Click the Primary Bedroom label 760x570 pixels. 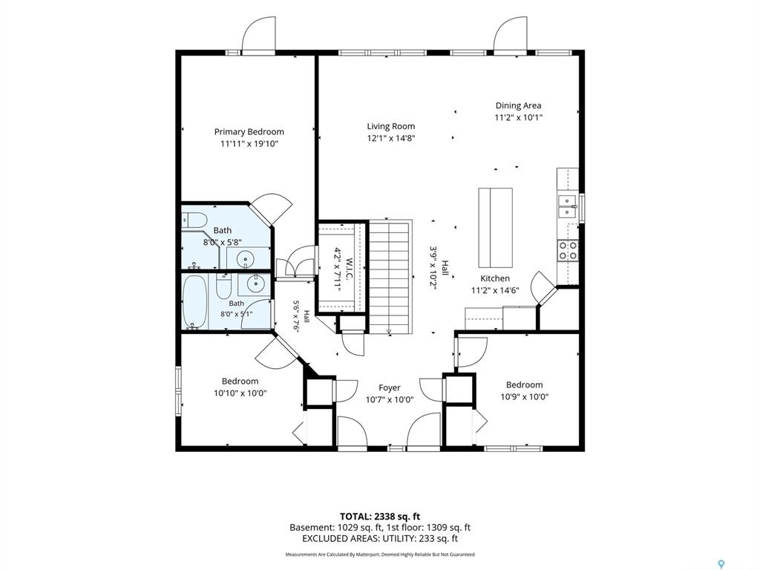[x=249, y=132]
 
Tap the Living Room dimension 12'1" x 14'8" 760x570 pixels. [x=391, y=138]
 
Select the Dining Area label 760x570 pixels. [x=518, y=105]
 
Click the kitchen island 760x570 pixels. [x=495, y=227]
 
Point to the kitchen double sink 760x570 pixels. [x=568, y=206]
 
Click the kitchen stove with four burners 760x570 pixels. [x=568, y=250]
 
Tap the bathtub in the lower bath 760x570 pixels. [x=195, y=301]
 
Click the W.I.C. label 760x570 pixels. [x=350, y=268]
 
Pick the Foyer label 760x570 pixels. [x=390, y=387]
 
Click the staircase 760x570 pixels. [x=390, y=277]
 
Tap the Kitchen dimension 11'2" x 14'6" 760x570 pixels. [x=495, y=290]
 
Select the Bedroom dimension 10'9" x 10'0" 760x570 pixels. [x=525, y=397]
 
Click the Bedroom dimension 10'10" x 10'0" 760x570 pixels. [x=240, y=393]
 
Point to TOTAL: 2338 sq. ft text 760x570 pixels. [x=380, y=517]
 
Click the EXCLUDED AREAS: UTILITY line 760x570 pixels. [x=380, y=538]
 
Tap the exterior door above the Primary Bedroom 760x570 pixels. [x=259, y=34]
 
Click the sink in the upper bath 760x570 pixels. [x=246, y=258]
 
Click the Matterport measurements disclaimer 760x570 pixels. [x=380, y=554]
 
